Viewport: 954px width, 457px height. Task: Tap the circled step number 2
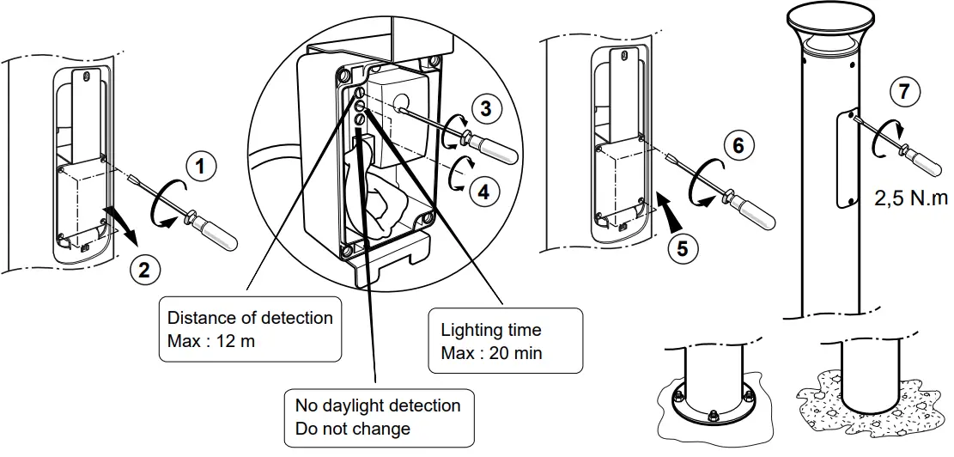pos(144,270)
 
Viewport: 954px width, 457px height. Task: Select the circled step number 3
pos(486,109)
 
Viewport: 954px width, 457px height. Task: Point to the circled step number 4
pos(484,192)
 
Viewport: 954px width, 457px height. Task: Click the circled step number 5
pos(683,249)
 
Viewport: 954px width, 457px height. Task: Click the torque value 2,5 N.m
pos(912,198)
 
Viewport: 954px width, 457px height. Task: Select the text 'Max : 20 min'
pos(491,353)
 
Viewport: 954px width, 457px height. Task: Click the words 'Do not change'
pos(352,428)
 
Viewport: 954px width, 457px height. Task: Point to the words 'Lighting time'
pos(491,330)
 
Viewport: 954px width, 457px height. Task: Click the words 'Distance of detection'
pos(250,318)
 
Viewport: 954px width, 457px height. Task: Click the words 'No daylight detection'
pos(378,405)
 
